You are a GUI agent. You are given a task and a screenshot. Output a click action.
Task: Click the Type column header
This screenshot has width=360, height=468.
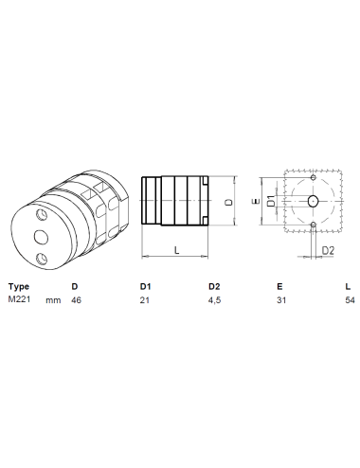(x=19, y=287)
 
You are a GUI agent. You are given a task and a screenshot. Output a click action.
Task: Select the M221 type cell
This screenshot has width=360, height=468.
(x=19, y=299)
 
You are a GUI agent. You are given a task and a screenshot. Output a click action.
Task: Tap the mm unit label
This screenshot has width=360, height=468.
(x=53, y=300)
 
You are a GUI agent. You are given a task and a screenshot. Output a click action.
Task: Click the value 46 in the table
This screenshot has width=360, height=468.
(x=76, y=300)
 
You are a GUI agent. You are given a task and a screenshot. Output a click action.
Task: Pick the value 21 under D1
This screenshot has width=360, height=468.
(x=144, y=300)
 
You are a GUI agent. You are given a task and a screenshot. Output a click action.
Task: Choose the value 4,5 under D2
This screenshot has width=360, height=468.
(x=214, y=300)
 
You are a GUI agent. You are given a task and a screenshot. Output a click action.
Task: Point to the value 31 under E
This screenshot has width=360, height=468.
(x=281, y=300)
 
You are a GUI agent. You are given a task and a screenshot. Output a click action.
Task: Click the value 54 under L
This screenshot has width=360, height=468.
(x=350, y=300)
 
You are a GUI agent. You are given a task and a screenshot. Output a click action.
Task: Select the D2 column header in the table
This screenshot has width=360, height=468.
(x=214, y=286)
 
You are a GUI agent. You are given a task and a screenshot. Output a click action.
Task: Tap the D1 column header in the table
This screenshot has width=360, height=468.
(x=145, y=286)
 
